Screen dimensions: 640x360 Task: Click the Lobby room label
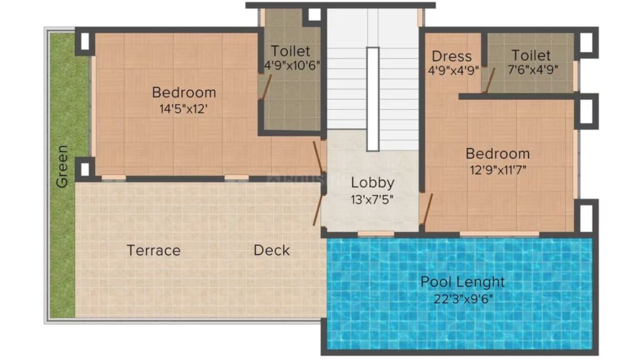(372, 183)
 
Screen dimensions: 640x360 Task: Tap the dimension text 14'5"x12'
(184, 109)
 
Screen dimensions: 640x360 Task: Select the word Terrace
(154, 250)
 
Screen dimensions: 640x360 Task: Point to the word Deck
(271, 250)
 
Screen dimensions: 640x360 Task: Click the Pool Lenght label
(462, 282)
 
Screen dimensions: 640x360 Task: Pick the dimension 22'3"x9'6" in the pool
(463, 299)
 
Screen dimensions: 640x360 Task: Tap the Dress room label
(451, 56)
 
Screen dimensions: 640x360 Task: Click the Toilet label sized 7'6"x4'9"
(531, 55)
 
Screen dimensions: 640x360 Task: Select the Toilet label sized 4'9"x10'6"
(291, 51)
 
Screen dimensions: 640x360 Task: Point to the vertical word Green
(62, 166)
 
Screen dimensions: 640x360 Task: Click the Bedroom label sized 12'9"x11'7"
(497, 154)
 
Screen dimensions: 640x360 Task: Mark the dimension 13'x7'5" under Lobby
(372, 199)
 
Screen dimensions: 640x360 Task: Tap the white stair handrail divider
(372, 99)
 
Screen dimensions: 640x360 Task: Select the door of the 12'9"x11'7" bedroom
(427, 209)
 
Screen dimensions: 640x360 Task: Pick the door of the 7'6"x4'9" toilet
(490, 80)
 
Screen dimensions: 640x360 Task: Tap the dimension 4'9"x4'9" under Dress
(453, 71)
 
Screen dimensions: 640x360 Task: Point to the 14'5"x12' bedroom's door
(318, 157)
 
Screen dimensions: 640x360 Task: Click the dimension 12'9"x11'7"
(498, 169)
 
